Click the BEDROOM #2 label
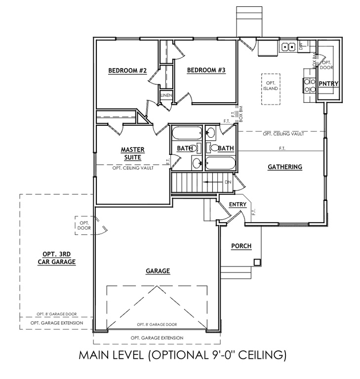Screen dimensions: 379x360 [x=127, y=71]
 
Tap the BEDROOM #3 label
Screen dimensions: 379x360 [x=206, y=71]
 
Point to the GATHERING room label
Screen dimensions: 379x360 [x=284, y=167]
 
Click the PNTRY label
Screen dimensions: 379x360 [x=328, y=84]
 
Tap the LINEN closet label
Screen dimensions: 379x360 [x=165, y=95]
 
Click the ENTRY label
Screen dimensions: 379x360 [x=237, y=204]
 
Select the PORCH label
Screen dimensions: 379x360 [x=241, y=246]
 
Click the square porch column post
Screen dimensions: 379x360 [x=257, y=262]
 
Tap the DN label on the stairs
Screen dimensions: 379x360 [x=228, y=182]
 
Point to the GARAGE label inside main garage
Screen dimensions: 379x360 [x=158, y=271]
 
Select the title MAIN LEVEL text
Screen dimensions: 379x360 [x=182, y=354]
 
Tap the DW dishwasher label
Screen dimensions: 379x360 [x=301, y=47]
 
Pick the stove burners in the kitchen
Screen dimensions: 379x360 [x=309, y=85]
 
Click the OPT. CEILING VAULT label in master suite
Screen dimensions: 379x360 [x=132, y=168]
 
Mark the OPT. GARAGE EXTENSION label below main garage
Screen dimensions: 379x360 [x=157, y=338]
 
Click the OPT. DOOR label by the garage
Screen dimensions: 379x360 [x=83, y=226]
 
